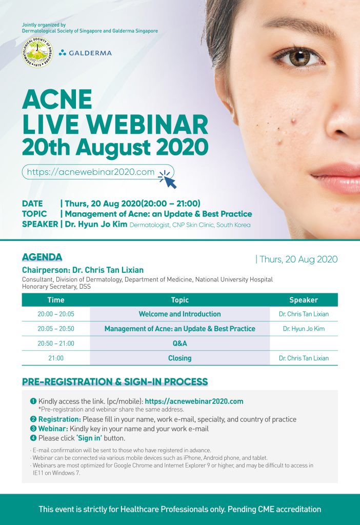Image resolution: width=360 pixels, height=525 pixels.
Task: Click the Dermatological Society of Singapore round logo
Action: tap(37, 52)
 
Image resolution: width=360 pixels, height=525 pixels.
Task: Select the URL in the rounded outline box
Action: tap(91, 172)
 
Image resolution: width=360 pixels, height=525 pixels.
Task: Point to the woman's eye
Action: tap(298, 57)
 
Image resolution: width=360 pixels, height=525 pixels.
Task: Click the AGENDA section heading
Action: tap(42, 257)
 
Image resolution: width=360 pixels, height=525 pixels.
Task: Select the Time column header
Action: tap(56, 300)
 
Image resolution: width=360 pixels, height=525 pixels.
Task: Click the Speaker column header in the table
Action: tap(304, 300)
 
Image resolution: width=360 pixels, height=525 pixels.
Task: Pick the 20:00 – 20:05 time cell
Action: tap(56, 314)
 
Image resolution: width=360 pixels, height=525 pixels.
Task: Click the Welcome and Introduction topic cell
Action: tap(179, 314)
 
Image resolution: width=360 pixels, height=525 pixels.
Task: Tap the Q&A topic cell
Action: tap(179, 344)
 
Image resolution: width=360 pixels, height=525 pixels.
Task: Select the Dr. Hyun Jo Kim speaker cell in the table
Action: tap(304, 329)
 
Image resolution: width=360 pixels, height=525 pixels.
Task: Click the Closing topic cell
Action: tap(179, 358)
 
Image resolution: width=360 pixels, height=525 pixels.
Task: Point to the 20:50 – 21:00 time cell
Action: tap(56, 344)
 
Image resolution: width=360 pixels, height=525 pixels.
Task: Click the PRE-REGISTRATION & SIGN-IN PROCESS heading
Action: tap(115, 382)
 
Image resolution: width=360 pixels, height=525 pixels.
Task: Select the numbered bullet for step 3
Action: tap(33, 429)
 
